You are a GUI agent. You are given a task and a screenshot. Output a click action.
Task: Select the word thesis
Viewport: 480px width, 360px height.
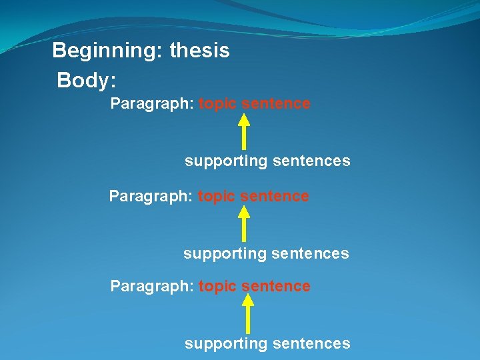tap(200, 51)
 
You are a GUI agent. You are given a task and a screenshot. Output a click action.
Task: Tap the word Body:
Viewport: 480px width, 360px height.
tap(87, 81)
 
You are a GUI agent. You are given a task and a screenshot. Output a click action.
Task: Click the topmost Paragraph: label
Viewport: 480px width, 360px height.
tap(152, 104)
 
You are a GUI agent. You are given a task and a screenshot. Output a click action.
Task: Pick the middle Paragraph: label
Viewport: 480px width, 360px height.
tap(151, 197)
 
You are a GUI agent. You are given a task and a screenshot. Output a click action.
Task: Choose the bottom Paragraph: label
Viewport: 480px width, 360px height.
tap(152, 287)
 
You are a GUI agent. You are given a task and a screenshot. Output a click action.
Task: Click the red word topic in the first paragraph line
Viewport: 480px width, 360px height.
tap(217, 104)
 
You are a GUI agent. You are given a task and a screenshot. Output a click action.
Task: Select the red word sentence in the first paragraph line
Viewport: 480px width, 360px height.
tap(276, 104)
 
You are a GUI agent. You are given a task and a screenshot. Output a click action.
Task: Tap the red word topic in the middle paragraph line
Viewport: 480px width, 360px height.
tap(216, 197)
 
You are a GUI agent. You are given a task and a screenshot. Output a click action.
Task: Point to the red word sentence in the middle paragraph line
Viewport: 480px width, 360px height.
tap(275, 197)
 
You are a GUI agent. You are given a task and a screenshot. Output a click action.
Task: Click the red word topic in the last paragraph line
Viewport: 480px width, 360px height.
tap(217, 287)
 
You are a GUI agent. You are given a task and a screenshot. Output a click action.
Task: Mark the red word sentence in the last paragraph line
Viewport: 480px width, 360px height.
tap(276, 287)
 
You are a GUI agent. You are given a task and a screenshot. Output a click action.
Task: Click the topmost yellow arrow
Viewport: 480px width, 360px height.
tap(244, 131)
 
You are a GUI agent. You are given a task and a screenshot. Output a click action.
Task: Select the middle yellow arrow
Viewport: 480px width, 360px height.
tap(244, 223)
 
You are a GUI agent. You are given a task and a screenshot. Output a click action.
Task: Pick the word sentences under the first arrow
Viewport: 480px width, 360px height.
tap(311, 161)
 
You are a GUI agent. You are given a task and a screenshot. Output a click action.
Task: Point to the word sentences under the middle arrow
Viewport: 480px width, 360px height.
tap(309, 254)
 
